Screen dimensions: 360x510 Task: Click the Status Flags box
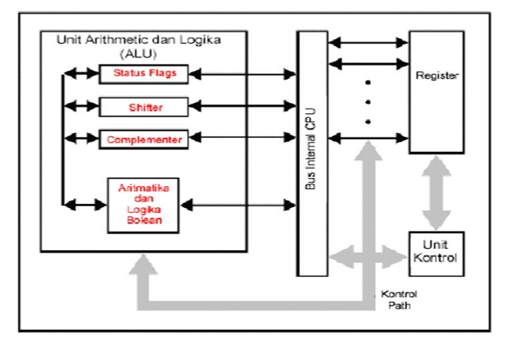[x=139, y=74]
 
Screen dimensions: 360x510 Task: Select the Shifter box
[x=139, y=106]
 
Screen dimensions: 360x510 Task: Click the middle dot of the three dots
[x=367, y=102]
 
